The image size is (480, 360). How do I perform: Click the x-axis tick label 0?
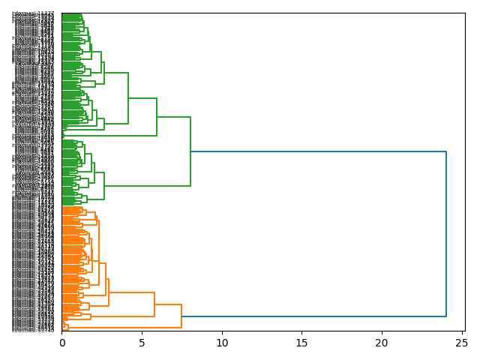(x=62, y=343)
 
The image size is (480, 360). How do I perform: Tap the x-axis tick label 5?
(x=142, y=343)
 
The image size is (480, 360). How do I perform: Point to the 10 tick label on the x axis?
(x=222, y=343)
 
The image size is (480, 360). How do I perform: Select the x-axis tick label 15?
(x=301, y=343)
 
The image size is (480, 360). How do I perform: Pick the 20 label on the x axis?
(x=382, y=343)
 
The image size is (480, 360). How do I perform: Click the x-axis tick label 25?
(x=461, y=343)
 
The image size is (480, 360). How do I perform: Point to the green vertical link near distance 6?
(x=157, y=117)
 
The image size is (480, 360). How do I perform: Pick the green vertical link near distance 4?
(x=128, y=98)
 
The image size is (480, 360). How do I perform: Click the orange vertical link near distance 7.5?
(x=181, y=316)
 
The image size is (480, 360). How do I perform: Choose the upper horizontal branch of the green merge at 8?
(x=174, y=117)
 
